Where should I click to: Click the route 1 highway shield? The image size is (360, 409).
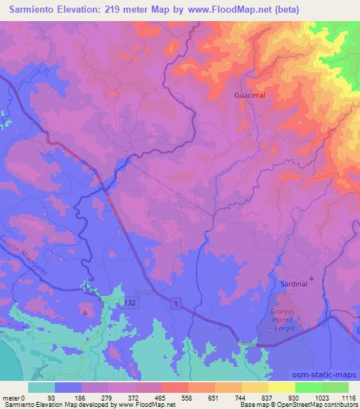[175, 302]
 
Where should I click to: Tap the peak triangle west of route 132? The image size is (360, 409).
[85, 311]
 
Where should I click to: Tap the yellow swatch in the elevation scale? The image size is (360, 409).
[281, 387]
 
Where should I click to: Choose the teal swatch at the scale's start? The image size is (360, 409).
[41, 387]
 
